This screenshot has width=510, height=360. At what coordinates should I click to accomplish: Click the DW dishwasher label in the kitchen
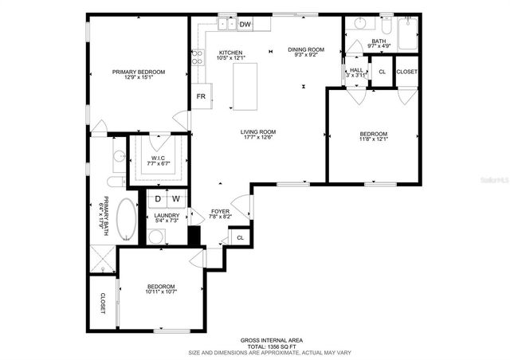coord(245,25)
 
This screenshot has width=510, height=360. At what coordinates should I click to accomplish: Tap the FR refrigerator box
coord(202,97)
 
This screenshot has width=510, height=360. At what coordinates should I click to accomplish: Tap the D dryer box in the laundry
coord(158,198)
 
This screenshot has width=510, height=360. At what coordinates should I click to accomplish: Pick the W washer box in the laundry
coord(176,198)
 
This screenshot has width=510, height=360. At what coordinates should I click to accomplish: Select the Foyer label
coord(220,211)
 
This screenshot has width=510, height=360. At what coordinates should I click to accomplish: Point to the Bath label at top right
coord(379,41)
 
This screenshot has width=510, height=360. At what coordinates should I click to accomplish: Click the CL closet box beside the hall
coord(382,72)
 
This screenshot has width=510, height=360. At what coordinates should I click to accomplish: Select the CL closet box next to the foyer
coord(240,237)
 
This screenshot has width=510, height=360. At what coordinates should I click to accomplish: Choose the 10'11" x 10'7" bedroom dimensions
coord(160,292)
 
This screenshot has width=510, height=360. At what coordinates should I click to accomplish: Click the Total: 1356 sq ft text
coord(271,346)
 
